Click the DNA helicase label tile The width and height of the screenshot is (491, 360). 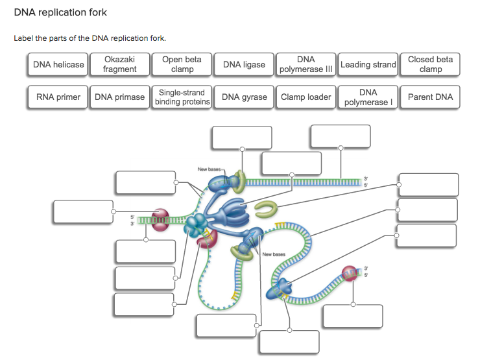click(59, 65)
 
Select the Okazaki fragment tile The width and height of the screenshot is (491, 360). click(120, 65)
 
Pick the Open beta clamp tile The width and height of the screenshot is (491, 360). click(182, 65)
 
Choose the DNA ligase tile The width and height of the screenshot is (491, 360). click(244, 65)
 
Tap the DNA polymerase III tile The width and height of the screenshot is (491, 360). click(305, 65)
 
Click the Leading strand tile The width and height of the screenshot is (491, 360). click(368, 65)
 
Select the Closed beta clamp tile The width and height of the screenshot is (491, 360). click(430, 65)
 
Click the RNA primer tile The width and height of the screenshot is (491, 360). click(58, 97)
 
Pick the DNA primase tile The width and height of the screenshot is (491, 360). click(120, 97)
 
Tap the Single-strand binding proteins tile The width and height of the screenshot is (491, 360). click(182, 97)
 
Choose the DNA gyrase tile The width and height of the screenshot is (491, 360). click(244, 97)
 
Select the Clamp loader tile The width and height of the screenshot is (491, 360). click(305, 97)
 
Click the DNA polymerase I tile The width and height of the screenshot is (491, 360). click(368, 97)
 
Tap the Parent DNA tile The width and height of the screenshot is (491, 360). click(430, 97)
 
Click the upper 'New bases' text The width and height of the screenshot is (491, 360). click(210, 169)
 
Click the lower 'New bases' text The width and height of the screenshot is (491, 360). click(274, 254)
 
